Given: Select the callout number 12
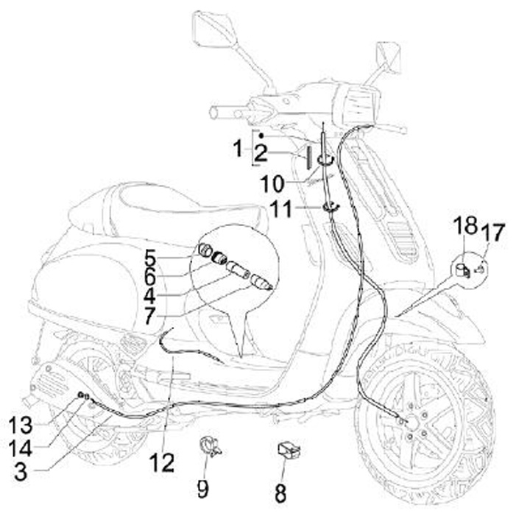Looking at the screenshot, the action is [x=162, y=462].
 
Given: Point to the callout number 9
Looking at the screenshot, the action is [x=202, y=488].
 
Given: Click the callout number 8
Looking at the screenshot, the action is [x=280, y=493].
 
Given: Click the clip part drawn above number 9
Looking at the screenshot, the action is [x=211, y=446].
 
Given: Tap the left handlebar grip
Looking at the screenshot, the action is [x=221, y=113].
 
